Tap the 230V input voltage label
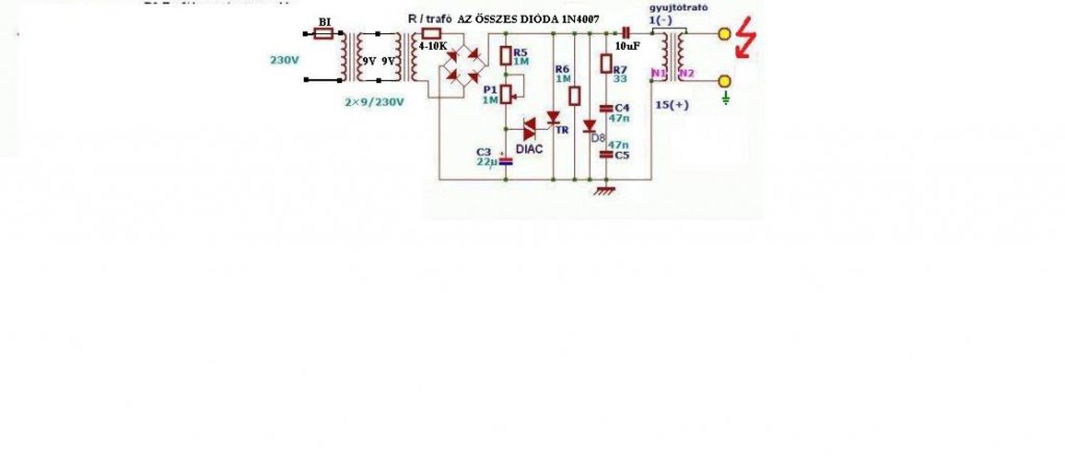(x=285, y=60)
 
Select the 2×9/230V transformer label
(x=374, y=102)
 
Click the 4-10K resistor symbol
(x=431, y=33)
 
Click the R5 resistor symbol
(x=506, y=56)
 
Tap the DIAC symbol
(x=530, y=128)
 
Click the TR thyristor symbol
(x=552, y=119)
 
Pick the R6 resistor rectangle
(x=573, y=96)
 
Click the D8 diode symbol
(x=589, y=126)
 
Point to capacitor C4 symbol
(x=606, y=108)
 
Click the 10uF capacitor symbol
(x=627, y=33)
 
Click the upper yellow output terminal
(x=724, y=34)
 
